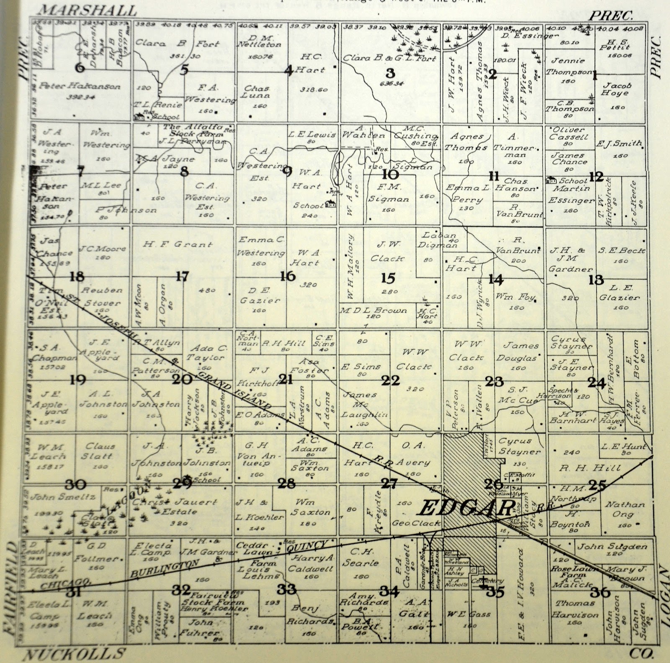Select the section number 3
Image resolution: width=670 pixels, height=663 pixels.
pyautogui.click(x=390, y=73)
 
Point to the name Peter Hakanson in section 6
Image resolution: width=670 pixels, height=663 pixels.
pyautogui.click(x=80, y=87)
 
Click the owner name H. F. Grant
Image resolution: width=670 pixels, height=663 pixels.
pyautogui.click(x=178, y=244)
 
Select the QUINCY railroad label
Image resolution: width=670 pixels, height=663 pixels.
pyautogui.click(x=306, y=546)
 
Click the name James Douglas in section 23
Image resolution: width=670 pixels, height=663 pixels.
pyautogui.click(x=520, y=352)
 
